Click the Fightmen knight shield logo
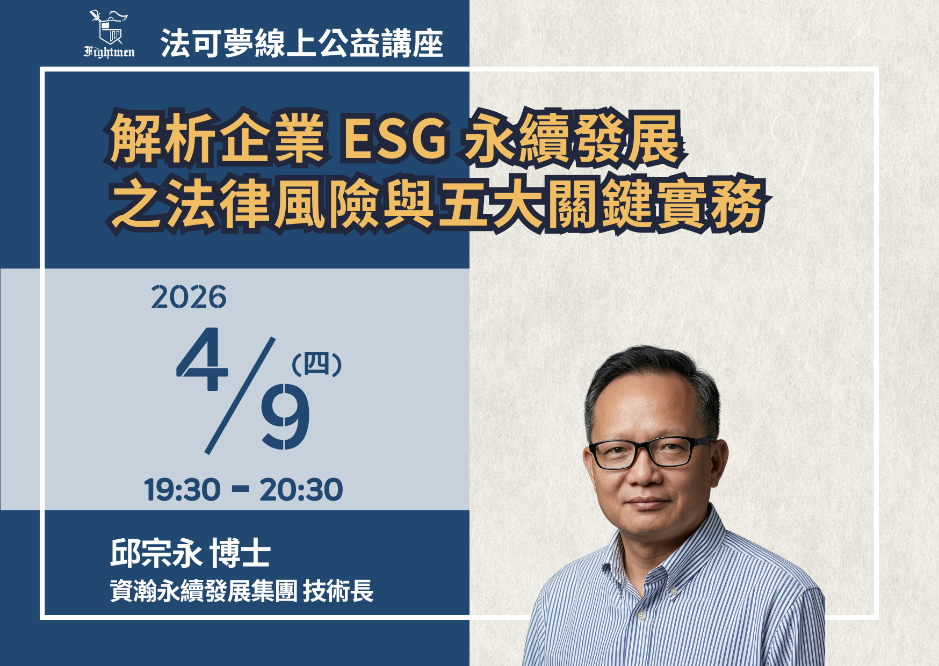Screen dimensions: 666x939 [x=109, y=28]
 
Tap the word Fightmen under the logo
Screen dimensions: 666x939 [x=109, y=52]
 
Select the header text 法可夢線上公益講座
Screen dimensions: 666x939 [x=301, y=43]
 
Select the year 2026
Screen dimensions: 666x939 [x=189, y=297]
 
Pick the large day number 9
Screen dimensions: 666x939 [x=285, y=417]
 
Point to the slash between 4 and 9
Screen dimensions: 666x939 [x=241, y=396]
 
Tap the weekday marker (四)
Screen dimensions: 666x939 [x=316, y=365]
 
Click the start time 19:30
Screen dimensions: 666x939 [x=182, y=490]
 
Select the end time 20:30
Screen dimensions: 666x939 [x=301, y=490]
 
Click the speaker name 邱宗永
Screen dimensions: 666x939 [x=156, y=553]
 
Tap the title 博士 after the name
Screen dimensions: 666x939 [x=240, y=553]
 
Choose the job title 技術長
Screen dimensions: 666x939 [x=338, y=591]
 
